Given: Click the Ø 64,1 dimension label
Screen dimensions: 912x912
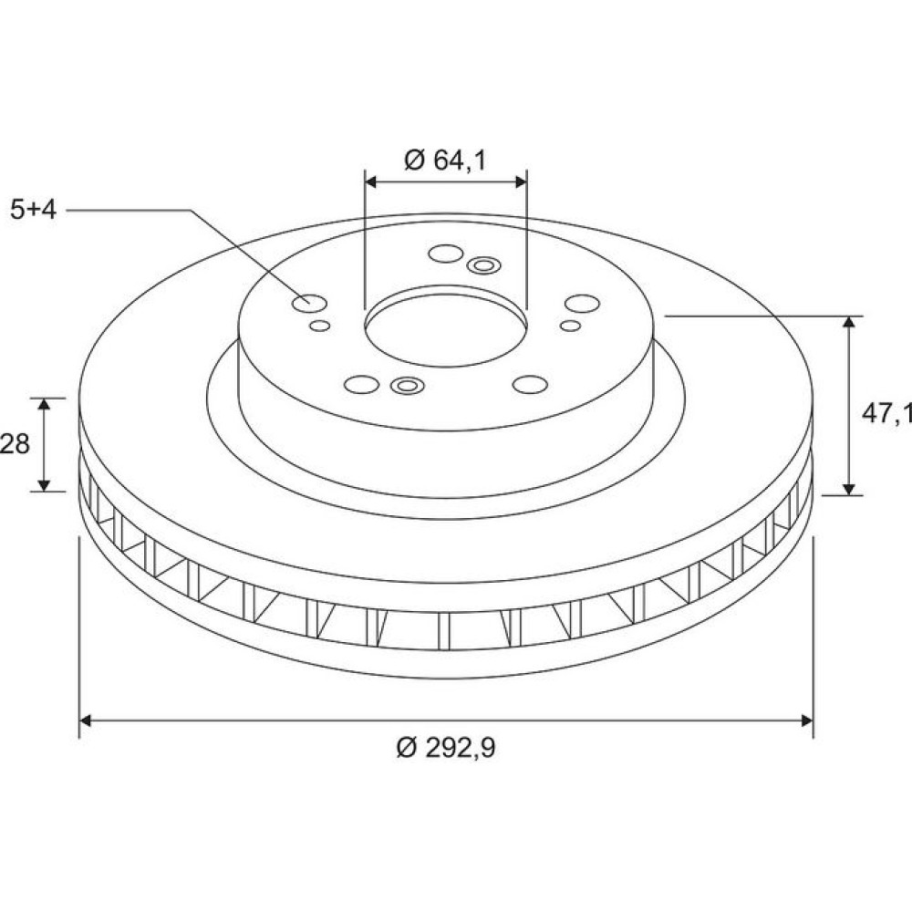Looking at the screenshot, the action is [x=445, y=160].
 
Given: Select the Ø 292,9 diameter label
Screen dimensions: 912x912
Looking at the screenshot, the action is [x=446, y=747].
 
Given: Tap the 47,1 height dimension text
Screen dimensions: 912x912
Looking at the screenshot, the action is [x=886, y=413].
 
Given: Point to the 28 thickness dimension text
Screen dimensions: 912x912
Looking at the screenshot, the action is [x=15, y=444].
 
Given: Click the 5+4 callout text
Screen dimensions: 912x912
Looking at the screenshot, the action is [x=33, y=210].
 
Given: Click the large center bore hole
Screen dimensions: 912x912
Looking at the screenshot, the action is [x=446, y=329].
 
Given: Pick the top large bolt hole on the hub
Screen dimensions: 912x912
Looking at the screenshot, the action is [x=446, y=254].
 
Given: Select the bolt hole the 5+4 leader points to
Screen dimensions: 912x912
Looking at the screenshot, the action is [x=309, y=303].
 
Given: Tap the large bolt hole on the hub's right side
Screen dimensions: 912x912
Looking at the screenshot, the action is [x=582, y=304].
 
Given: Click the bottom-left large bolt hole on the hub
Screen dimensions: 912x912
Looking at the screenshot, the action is [x=362, y=385].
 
